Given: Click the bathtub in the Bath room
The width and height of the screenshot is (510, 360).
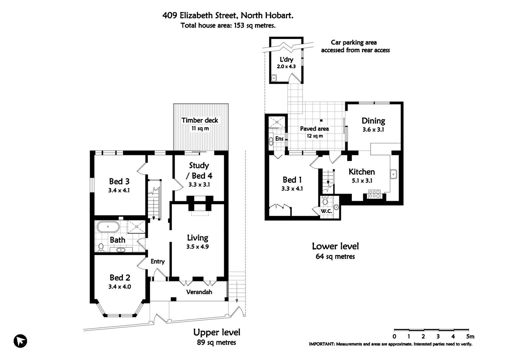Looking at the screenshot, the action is click(108, 227).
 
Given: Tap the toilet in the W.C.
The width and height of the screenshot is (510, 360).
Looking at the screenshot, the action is click(325, 201).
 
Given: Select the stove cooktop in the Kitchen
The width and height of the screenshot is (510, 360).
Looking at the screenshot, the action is click(374, 194).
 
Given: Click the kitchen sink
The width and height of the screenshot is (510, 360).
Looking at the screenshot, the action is click(394, 174).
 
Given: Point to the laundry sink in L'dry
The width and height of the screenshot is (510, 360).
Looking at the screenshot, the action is click(274, 78).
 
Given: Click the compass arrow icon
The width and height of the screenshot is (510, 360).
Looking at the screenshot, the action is click(20, 341).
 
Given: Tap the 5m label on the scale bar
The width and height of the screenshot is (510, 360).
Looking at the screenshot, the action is click(470, 336).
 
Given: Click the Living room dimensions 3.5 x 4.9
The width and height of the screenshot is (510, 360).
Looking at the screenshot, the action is click(197, 247).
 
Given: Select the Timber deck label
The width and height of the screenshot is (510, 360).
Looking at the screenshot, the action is click(200, 120).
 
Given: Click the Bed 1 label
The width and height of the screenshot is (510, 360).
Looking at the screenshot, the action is click(292, 180).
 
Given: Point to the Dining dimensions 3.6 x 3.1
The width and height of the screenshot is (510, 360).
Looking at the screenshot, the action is click(373, 129).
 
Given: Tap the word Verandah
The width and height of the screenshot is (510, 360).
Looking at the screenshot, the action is click(199, 292).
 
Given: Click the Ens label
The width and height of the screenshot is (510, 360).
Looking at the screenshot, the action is click(280, 139).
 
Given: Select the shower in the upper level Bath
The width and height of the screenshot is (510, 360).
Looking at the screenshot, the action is click(136, 227).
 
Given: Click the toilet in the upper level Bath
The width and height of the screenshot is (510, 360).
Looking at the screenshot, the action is click(101, 248).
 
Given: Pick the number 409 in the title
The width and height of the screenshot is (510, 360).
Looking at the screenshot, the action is click(170, 15).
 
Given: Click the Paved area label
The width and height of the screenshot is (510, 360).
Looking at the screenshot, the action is click(315, 129).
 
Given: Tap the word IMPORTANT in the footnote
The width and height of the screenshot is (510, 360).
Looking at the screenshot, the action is click(321, 344).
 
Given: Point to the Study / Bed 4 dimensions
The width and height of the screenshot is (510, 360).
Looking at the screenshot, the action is click(199, 185).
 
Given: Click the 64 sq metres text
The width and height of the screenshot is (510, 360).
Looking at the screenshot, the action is click(335, 256).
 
